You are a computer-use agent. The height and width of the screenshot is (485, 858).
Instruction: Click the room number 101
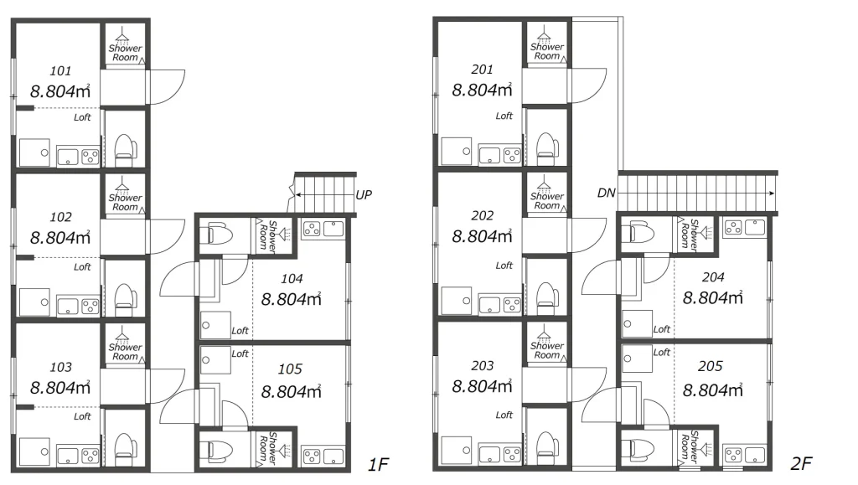click(x=60, y=71)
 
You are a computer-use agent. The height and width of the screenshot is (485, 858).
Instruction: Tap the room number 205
click(x=711, y=366)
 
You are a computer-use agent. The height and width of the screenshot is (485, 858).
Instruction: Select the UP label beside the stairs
click(x=364, y=194)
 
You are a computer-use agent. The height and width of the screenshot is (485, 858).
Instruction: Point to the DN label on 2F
click(x=607, y=193)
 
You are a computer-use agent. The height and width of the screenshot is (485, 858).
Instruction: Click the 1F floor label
click(x=378, y=465)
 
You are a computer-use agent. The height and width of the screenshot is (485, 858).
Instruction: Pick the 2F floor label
click(x=800, y=464)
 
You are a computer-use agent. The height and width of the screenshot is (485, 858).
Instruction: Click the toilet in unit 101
click(x=126, y=151)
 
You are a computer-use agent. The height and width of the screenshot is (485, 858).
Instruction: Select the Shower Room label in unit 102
click(x=126, y=203)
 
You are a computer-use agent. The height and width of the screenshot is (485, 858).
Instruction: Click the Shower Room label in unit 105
click(x=268, y=448)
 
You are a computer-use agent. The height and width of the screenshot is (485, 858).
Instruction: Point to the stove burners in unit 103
click(x=90, y=456)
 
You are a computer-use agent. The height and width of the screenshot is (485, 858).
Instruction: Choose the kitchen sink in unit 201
click(x=489, y=155)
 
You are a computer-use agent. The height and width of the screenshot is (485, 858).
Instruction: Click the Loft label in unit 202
click(x=504, y=266)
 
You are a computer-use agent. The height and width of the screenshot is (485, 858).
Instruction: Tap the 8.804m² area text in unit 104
click(x=291, y=299)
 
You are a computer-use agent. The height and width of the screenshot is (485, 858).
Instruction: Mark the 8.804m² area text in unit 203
click(x=482, y=386)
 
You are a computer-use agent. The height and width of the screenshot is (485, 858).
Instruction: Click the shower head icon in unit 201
click(x=544, y=35)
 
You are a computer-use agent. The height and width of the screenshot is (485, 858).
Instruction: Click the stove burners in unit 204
click(x=733, y=227)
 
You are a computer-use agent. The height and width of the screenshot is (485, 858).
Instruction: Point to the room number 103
click(x=60, y=368)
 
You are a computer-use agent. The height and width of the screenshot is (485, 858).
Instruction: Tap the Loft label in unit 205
click(x=662, y=353)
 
